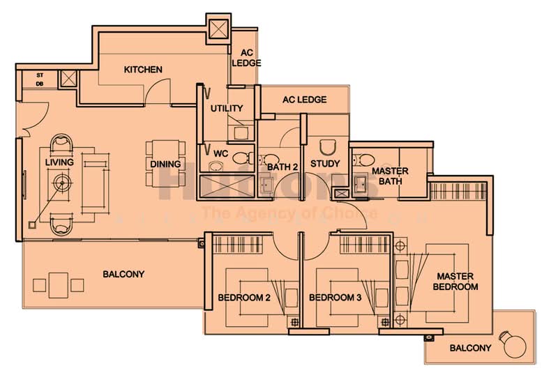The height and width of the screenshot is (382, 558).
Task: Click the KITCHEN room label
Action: click(143, 70)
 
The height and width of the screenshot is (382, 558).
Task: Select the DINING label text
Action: click(165, 165)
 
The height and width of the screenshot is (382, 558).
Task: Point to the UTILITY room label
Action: click(227, 108)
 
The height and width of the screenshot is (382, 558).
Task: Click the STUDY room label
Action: click(325, 164)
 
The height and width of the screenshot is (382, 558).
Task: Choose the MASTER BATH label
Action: click(390, 176)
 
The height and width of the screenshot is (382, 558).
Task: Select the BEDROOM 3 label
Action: click(335, 298)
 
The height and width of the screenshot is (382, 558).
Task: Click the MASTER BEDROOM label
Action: click(455, 281)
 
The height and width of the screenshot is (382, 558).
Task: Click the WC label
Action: click(221, 152)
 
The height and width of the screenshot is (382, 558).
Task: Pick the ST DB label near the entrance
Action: click(39, 78)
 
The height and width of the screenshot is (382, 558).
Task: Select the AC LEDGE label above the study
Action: click(304, 100)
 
